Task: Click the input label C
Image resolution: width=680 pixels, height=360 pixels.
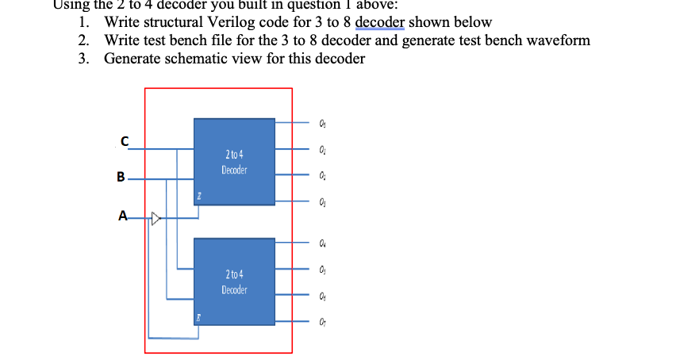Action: coord(124,141)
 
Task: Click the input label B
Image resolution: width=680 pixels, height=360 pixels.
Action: coord(121,178)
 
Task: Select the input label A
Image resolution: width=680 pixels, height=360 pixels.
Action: coord(121,214)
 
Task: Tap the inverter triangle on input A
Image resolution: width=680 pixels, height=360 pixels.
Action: coord(156,215)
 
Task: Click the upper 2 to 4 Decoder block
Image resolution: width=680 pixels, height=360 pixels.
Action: coord(235,163)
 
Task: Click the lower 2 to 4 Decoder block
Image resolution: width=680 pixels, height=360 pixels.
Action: coord(235,281)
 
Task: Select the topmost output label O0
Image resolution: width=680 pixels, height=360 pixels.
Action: coord(321,123)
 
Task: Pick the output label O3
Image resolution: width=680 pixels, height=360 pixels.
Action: coord(321,202)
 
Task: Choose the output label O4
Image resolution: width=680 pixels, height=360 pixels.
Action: coord(321,243)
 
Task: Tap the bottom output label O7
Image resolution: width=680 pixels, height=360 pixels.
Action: coord(321,321)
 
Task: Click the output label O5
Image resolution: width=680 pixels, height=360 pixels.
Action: coord(321,270)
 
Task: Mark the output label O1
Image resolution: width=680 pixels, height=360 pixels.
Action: coord(321,148)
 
